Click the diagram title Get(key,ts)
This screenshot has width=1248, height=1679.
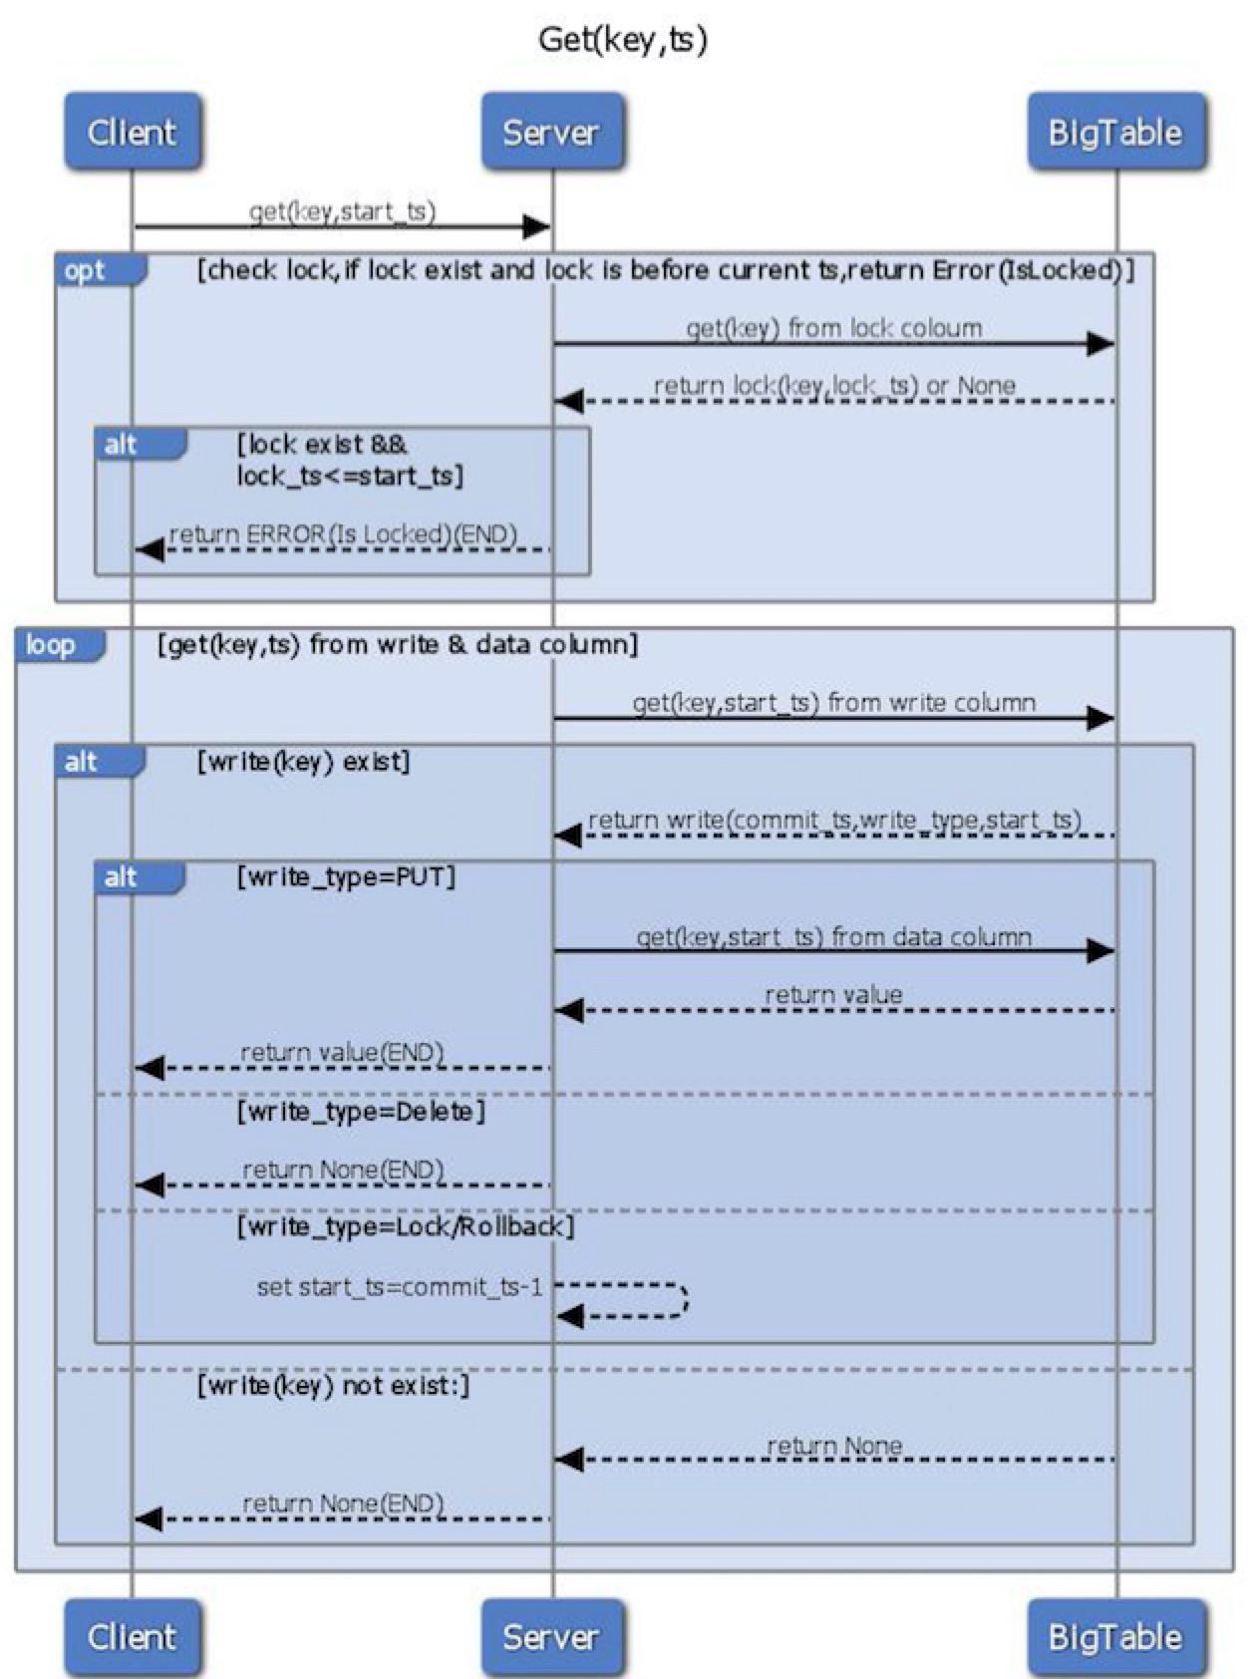point(623,39)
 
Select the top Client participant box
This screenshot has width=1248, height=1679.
point(133,131)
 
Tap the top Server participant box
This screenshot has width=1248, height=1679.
point(551,131)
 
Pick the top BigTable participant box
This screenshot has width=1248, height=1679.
point(1115,131)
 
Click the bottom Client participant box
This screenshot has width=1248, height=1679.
point(133,1636)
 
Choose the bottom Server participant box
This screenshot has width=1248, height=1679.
point(551,1636)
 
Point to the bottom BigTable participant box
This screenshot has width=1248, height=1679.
point(1115,1636)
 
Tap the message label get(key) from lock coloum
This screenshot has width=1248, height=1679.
point(834,328)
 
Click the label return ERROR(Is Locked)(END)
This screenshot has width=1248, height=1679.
point(343,533)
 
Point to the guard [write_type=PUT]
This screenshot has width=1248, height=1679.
point(347,877)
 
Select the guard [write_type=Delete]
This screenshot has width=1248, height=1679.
point(361,1112)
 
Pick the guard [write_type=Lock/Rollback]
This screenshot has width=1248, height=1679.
point(406,1226)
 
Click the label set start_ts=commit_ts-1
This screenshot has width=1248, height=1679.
point(400,1287)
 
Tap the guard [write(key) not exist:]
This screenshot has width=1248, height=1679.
point(333,1385)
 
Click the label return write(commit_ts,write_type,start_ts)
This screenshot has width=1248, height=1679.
point(834,820)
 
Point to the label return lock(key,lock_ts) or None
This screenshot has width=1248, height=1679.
point(834,385)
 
